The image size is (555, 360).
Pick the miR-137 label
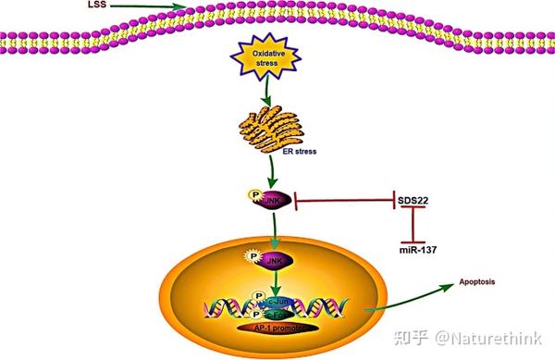tap(414, 248)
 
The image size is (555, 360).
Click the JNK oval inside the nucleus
tap(276, 263)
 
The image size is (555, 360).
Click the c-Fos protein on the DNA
tap(277, 313)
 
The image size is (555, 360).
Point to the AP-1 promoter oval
tap(278, 329)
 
